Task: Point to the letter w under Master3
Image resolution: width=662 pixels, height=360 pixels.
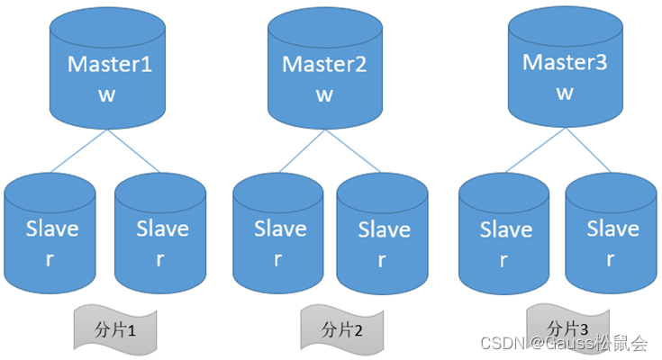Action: [x=565, y=93]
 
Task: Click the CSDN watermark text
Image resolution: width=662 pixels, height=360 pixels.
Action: [x=564, y=343]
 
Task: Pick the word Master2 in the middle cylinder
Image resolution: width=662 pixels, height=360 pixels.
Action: [x=322, y=65]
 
